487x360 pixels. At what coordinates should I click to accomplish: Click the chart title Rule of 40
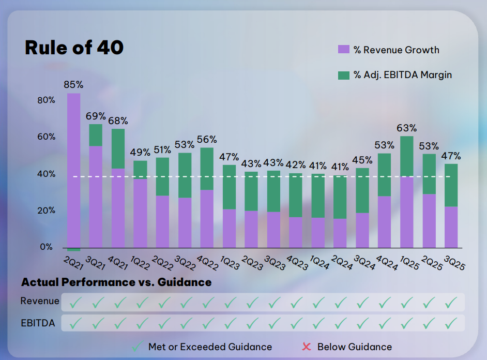pyautogui.click(x=74, y=48)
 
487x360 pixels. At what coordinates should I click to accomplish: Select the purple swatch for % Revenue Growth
pyautogui.click(x=344, y=50)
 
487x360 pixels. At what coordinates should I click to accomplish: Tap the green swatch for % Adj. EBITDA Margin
pyautogui.click(x=344, y=75)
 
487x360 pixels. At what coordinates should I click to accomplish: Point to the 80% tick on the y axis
pyautogui.click(x=47, y=100)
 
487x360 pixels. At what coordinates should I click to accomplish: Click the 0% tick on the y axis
pyautogui.click(x=47, y=247)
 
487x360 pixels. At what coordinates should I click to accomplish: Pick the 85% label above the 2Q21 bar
pyautogui.click(x=73, y=84)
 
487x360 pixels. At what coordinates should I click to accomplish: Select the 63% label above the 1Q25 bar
pyautogui.click(x=406, y=128)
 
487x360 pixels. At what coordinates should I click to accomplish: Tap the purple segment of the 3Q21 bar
pyautogui.click(x=96, y=197)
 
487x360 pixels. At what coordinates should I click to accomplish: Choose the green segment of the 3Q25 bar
pyautogui.click(x=451, y=185)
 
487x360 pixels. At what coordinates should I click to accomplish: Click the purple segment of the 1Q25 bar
pyautogui.click(x=407, y=212)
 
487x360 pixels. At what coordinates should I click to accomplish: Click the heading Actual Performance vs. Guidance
pyautogui.click(x=116, y=282)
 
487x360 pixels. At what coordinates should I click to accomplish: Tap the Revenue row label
pyautogui.click(x=40, y=301)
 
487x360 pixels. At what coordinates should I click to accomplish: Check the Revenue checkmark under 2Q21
pyautogui.click(x=75, y=302)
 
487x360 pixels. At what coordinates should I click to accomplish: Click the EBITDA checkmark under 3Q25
pyautogui.click(x=451, y=323)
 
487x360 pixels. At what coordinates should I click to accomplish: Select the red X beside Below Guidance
pyautogui.click(x=306, y=347)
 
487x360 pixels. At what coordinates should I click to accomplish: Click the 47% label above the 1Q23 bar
pyautogui.click(x=229, y=157)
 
